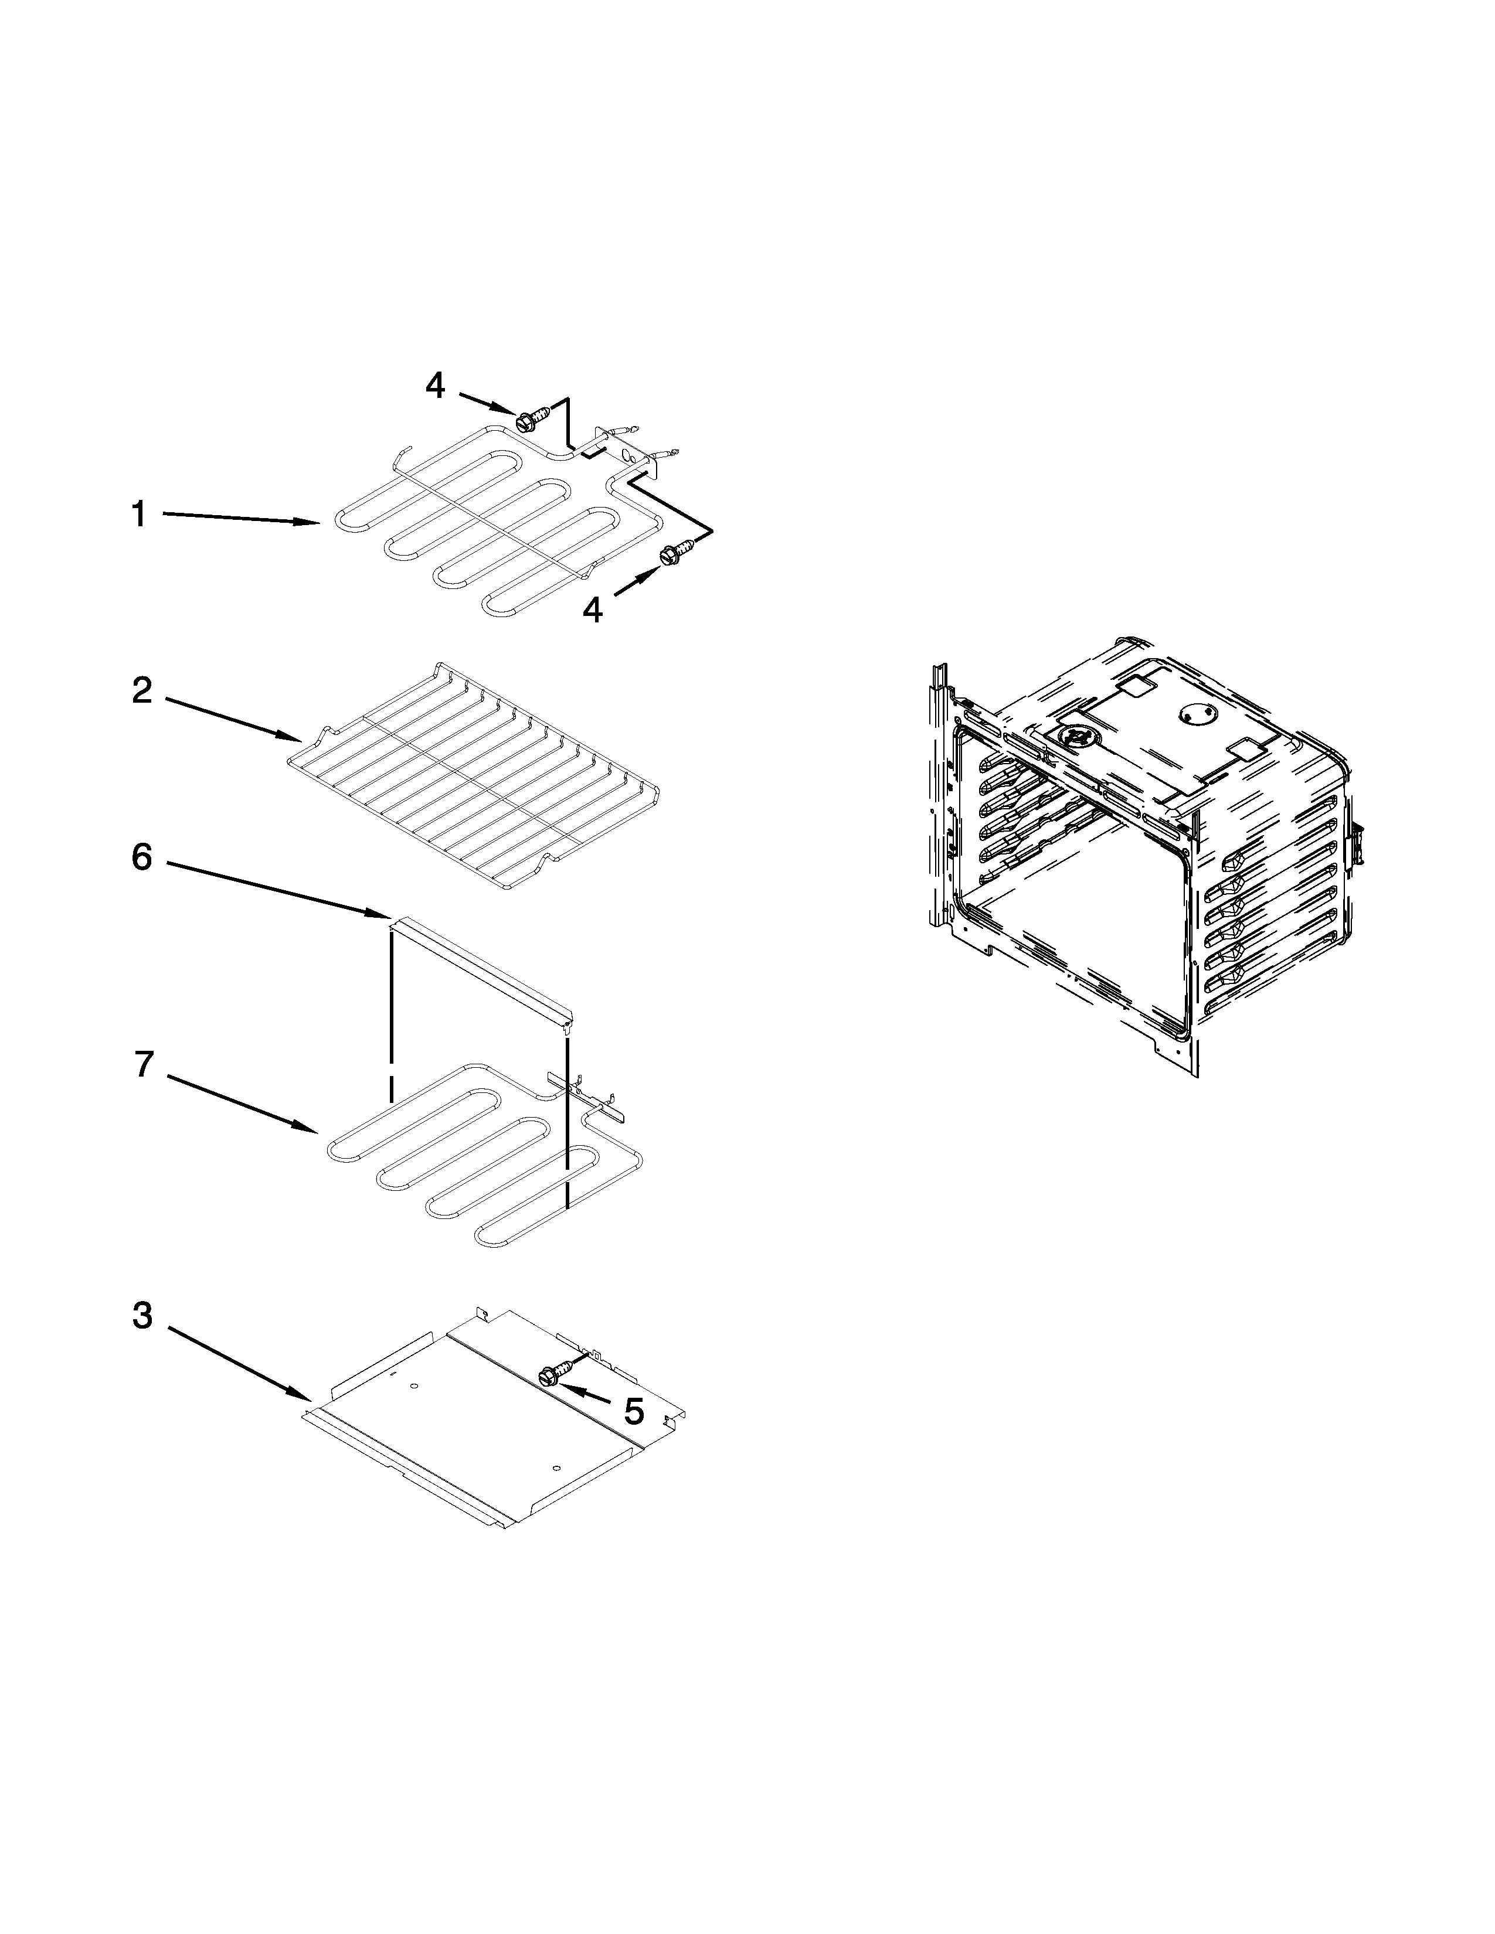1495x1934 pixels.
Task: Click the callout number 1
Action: click(138, 513)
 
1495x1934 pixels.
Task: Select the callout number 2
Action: click(142, 692)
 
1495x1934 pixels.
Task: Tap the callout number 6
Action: click(142, 857)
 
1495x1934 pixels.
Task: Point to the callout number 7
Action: click(144, 1065)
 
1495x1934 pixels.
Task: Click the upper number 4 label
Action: click(435, 385)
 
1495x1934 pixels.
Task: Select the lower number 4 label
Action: click(593, 610)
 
